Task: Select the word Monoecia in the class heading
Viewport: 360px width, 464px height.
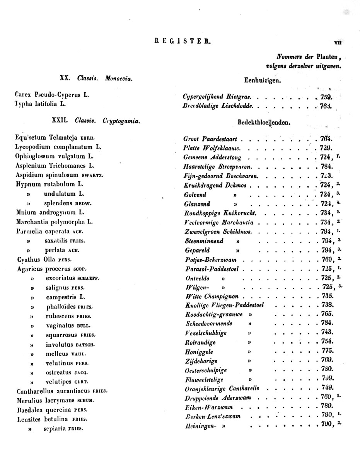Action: coord(119,78)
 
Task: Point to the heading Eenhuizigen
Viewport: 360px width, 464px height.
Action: coord(262,81)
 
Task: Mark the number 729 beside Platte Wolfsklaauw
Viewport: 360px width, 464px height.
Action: coord(326,148)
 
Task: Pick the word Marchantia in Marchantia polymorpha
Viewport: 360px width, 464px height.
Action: coord(33,222)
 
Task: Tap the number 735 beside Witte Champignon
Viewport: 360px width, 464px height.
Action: coord(327,296)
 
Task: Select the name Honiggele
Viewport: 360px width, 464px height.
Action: coord(199,352)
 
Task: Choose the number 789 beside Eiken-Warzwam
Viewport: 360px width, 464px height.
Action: coord(327,406)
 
